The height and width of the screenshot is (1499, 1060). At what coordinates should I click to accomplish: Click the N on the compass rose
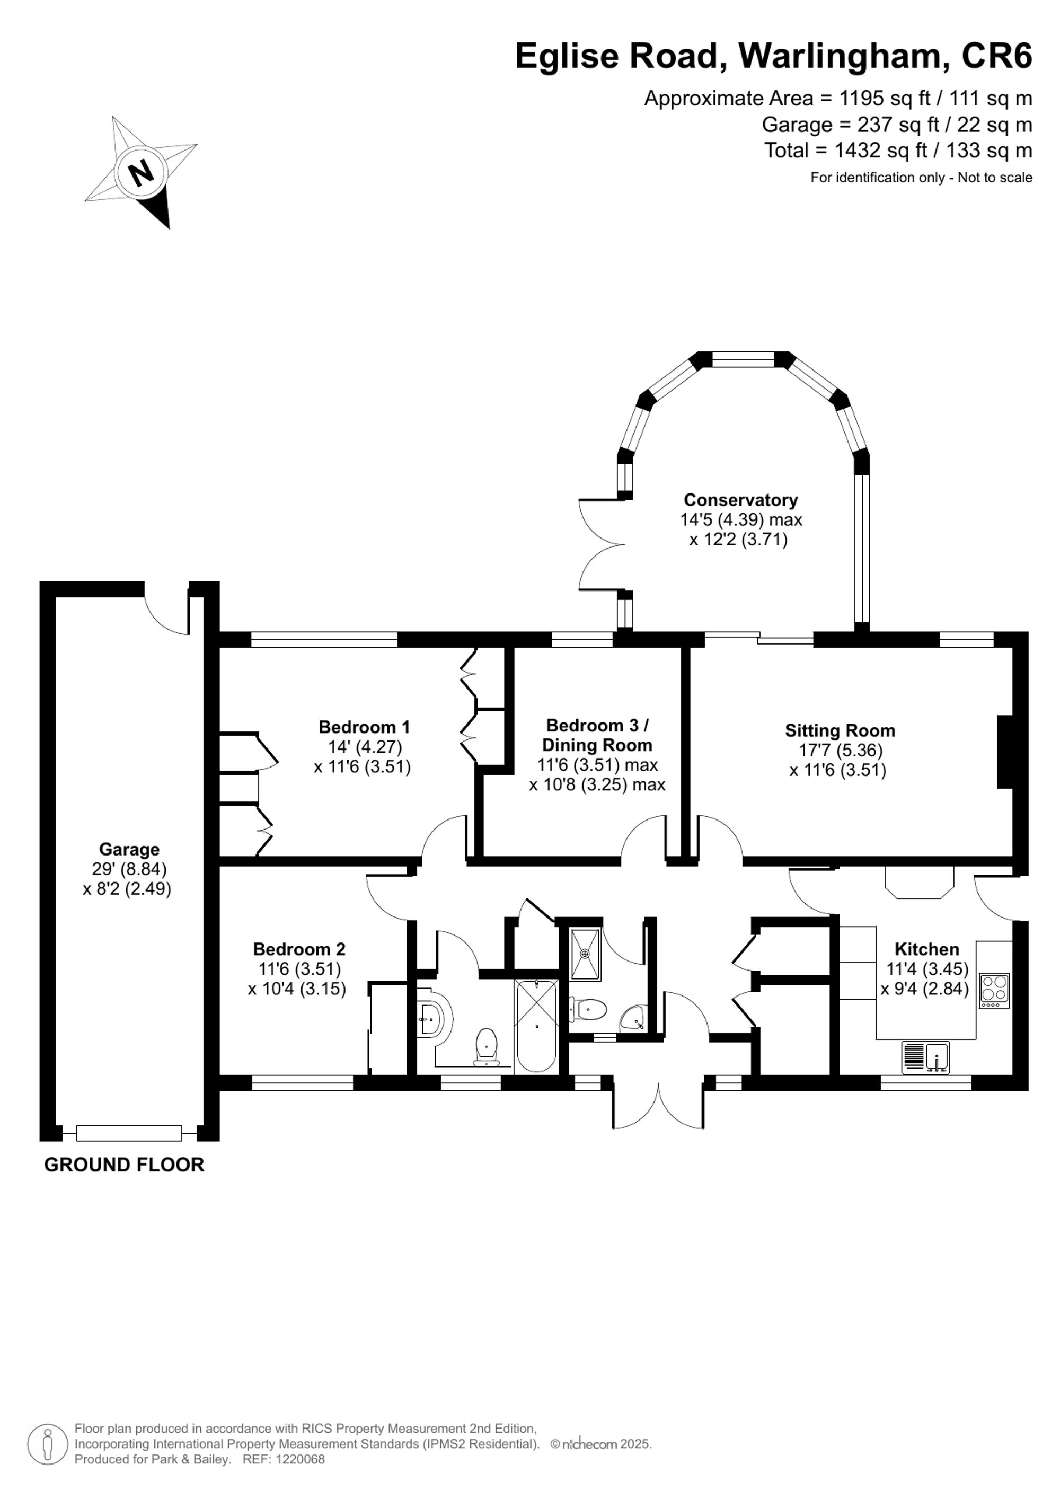tap(141, 173)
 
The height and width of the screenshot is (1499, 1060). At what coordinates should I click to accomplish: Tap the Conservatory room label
tap(740, 500)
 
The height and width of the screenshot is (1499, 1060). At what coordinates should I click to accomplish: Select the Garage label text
tap(129, 849)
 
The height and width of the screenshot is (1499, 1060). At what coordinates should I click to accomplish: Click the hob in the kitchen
tap(994, 992)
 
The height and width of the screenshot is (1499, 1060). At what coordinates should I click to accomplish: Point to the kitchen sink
tap(925, 1057)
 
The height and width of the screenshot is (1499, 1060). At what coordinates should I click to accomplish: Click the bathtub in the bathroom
tap(536, 1026)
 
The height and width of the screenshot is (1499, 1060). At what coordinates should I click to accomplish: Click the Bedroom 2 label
tap(299, 949)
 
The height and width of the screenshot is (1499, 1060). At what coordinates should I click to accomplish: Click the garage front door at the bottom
tap(129, 1133)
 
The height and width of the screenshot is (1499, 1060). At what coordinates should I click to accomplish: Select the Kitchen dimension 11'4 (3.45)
tap(927, 969)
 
